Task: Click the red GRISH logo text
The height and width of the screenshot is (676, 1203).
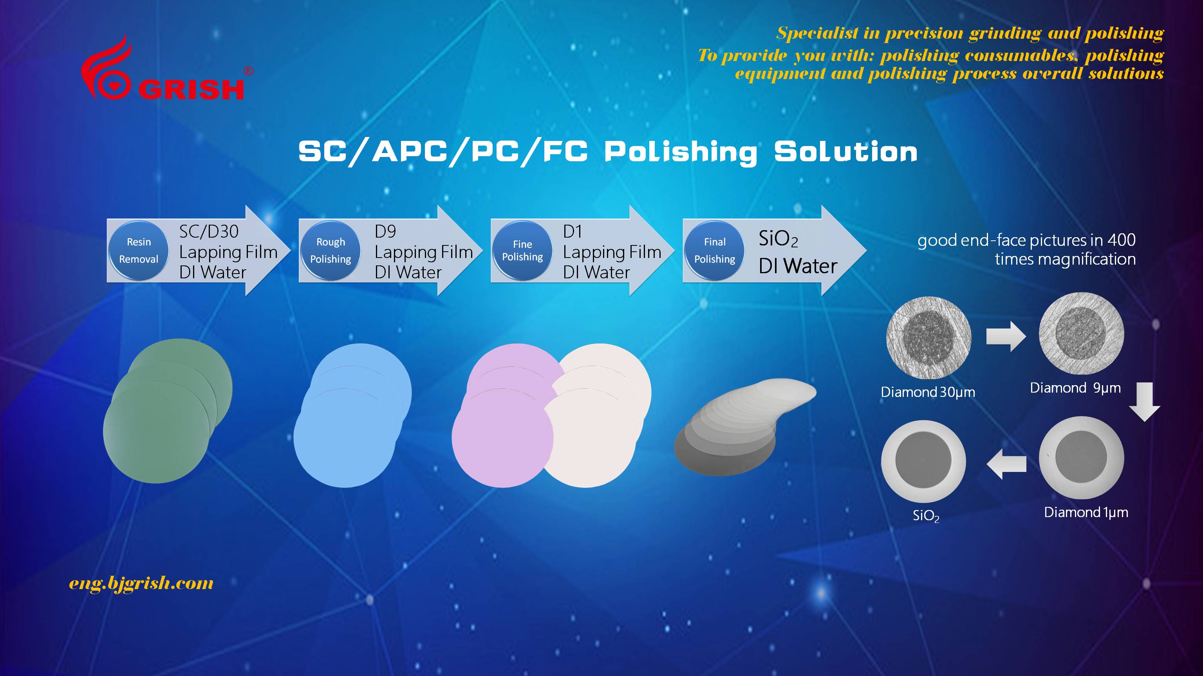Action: [x=191, y=89]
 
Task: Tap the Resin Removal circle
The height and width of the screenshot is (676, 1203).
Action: [x=139, y=251]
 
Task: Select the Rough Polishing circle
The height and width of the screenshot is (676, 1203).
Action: [x=331, y=251]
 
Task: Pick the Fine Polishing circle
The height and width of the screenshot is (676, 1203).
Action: [x=522, y=251]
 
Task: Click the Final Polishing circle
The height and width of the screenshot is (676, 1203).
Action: [x=715, y=251]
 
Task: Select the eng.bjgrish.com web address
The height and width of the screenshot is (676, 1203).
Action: [x=141, y=584]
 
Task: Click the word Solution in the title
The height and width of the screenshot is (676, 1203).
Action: [x=846, y=152]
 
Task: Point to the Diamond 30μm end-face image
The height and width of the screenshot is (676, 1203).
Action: [x=928, y=337]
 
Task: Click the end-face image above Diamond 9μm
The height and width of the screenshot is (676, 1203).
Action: [x=1081, y=333]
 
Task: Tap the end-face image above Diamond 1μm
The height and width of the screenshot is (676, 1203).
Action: [x=1081, y=458]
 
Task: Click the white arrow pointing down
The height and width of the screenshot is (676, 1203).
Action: [x=1145, y=402]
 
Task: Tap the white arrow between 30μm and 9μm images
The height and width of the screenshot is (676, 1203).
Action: [x=1006, y=336]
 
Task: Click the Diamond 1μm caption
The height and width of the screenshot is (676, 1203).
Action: [x=1086, y=513]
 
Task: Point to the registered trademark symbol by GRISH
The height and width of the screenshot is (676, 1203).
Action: [x=249, y=71]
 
